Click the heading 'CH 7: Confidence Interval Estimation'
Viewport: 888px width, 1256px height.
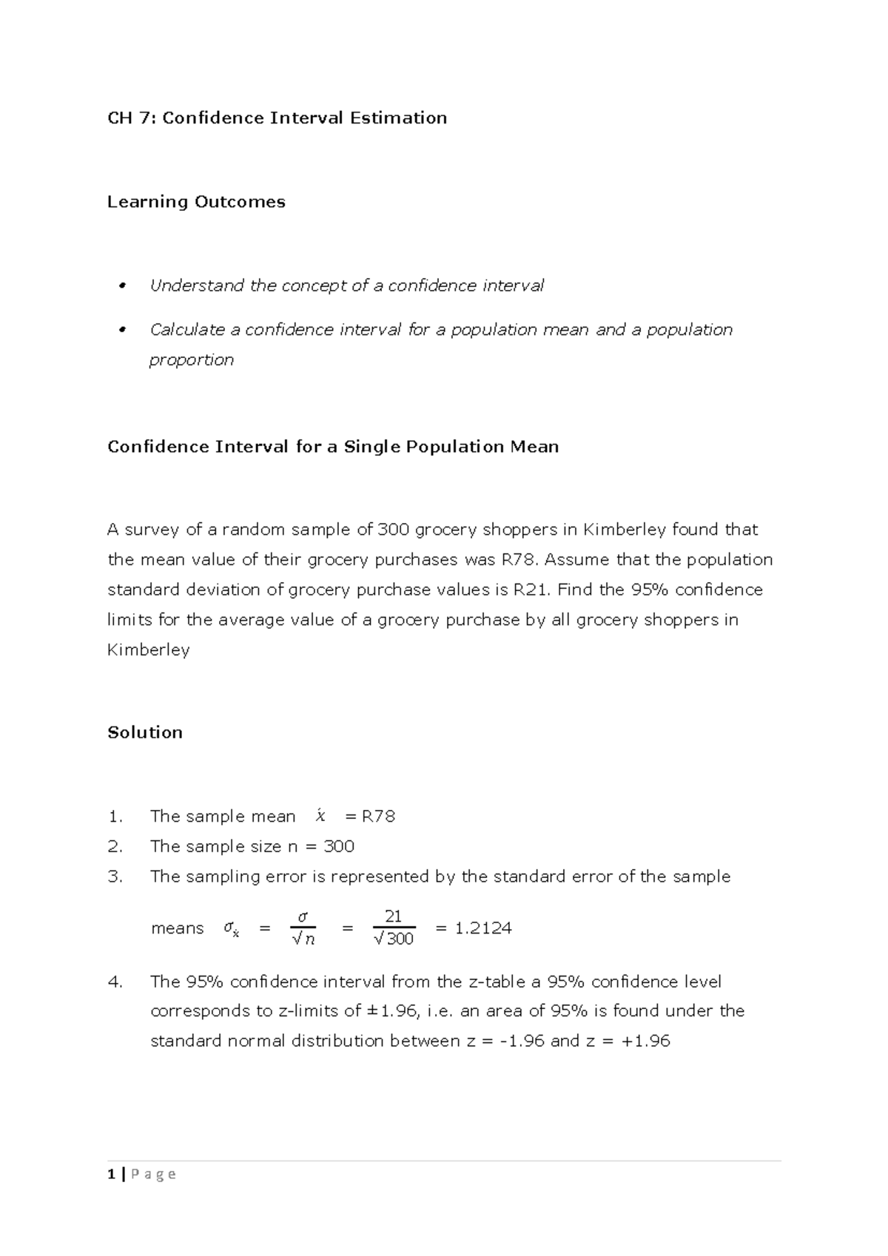(277, 118)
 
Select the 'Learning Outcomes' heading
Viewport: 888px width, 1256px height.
(196, 202)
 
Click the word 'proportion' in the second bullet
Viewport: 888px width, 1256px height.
(192, 360)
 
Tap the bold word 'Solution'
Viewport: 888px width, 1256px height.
(145, 732)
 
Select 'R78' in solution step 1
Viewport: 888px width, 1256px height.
(378, 817)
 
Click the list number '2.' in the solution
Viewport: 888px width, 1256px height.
(114, 846)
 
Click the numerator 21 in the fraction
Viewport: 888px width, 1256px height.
(393, 916)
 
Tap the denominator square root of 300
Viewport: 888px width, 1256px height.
(394, 939)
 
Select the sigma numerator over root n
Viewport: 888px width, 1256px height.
(302, 917)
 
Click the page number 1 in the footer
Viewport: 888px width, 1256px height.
(111, 1174)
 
